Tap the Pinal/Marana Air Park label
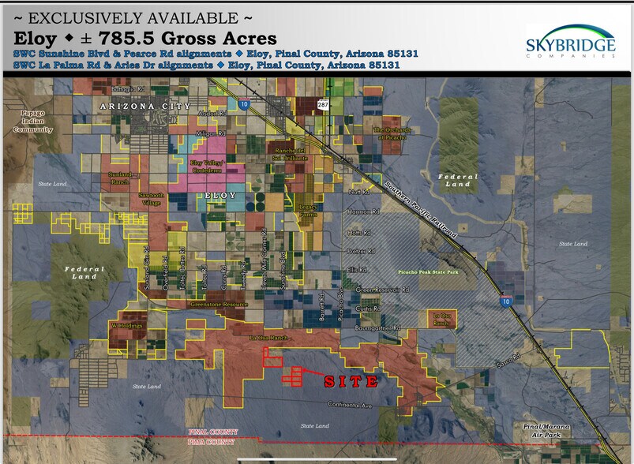tap(546, 430)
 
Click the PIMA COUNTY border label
tap(213, 443)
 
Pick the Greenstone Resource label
tap(219, 304)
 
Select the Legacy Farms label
tap(308, 209)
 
